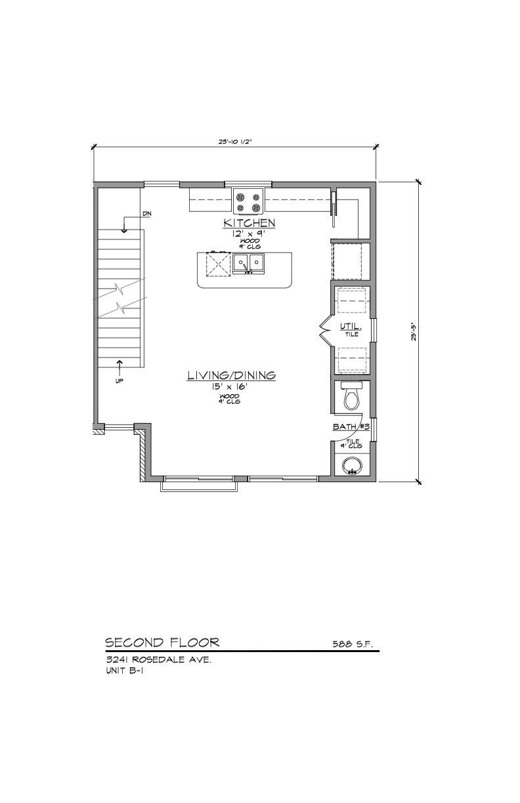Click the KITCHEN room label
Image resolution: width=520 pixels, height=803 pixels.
click(x=249, y=223)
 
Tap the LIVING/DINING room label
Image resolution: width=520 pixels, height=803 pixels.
click(x=231, y=375)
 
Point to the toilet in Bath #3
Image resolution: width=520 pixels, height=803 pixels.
click(x=351, y=396)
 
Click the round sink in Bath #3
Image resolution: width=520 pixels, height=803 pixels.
click(x=351, y=466)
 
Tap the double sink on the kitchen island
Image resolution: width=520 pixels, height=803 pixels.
click(x=249, y=264)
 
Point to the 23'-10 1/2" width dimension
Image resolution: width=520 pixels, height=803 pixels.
click(x=234, y=140)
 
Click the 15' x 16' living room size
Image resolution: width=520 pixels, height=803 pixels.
click(x=230, y=387)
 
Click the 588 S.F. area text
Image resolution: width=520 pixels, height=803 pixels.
click(x=353, y=644)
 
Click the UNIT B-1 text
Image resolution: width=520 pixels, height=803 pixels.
click(x=124, y=671)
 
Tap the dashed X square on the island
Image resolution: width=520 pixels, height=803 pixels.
click(x=217, y=264)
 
